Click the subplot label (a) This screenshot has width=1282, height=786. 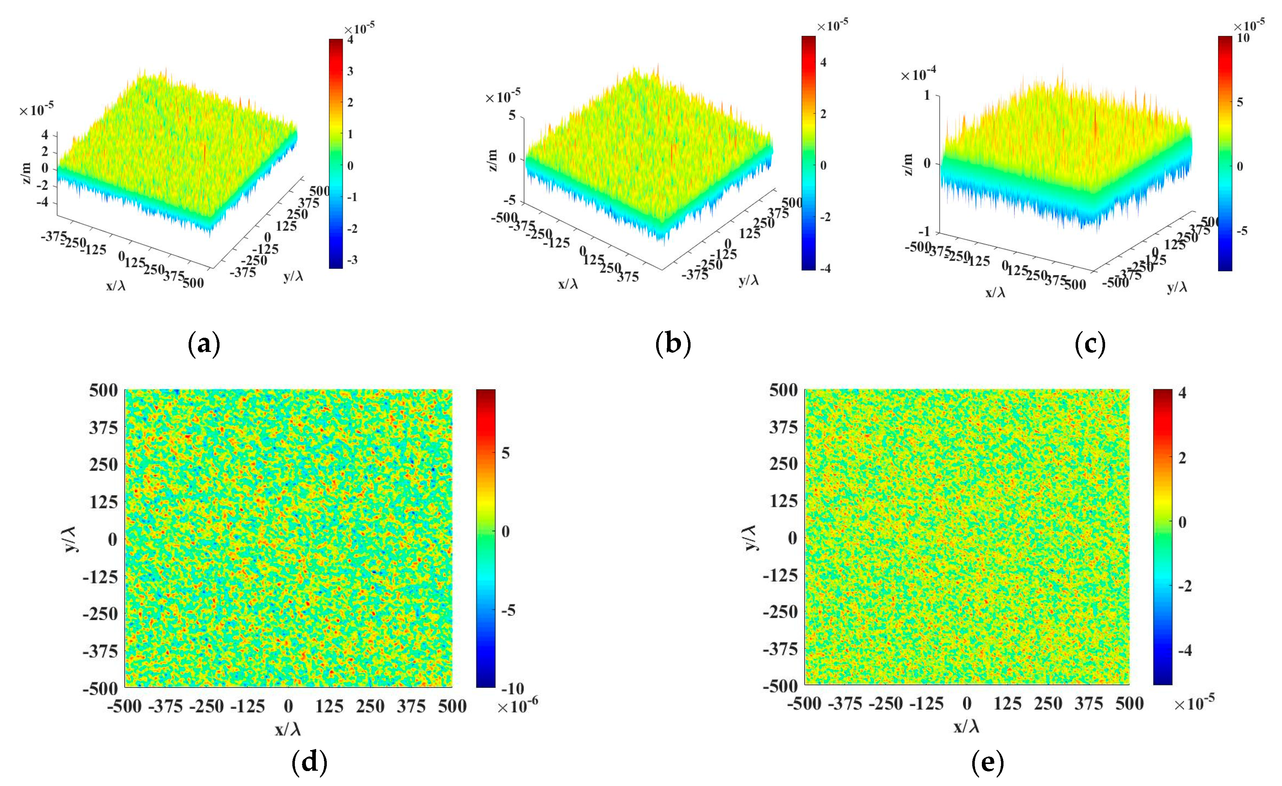click(204, 344)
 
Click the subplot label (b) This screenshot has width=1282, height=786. click(673, 344)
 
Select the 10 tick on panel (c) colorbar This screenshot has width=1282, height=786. click(1243, 38)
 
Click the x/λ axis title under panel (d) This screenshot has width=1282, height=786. click(288, 729)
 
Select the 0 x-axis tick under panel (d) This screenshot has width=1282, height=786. click(288, 706)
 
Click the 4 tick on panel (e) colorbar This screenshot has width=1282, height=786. click(1182, 393)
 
